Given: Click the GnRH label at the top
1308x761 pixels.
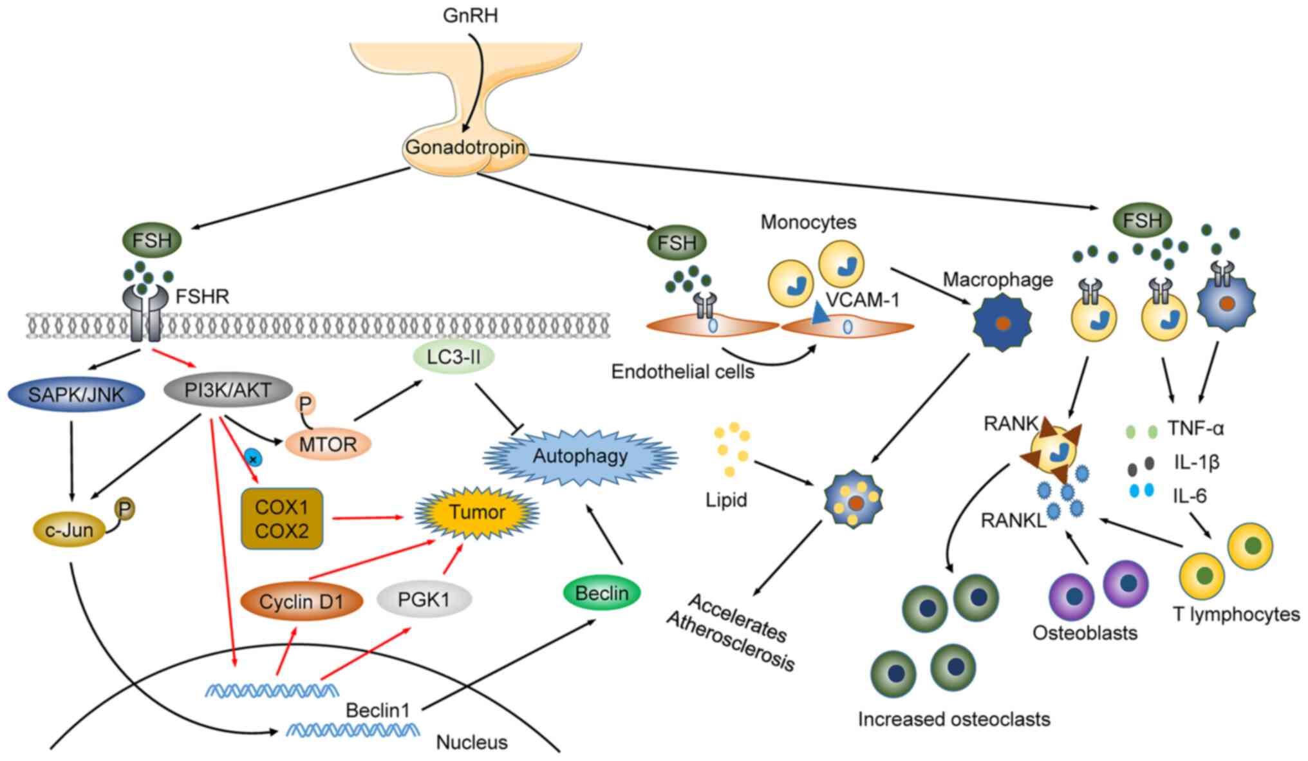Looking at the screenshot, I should pos(470,15).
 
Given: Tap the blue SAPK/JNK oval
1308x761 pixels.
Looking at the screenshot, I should pos(76,395).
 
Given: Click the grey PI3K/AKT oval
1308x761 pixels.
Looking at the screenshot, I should pos(228,390).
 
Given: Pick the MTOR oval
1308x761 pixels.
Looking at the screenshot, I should pos(328,444).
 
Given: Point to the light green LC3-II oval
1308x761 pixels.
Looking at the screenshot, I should pos(454,356).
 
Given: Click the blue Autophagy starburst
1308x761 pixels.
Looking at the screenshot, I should pos(580,456).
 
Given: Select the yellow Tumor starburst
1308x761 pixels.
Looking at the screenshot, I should pos(477,512).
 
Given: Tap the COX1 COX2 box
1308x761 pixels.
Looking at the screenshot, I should pos(282,519).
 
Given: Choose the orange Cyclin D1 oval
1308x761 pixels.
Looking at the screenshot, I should pos(301,602).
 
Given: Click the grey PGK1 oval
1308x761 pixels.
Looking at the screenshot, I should pos(424,600).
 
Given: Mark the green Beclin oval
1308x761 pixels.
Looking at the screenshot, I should pos(601,593).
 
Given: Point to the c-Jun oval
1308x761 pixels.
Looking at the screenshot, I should pos(69,531).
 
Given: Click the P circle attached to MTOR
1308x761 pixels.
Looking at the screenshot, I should pos(305,404).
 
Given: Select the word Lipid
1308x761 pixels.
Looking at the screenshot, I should pos(726,500).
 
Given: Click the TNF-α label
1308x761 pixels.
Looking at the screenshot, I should pos(1195,428).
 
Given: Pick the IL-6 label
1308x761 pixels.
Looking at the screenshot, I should pos(1190,496).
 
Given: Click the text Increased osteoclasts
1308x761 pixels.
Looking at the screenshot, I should pos(953,719).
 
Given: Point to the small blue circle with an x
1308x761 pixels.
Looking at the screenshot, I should pos(254,459).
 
